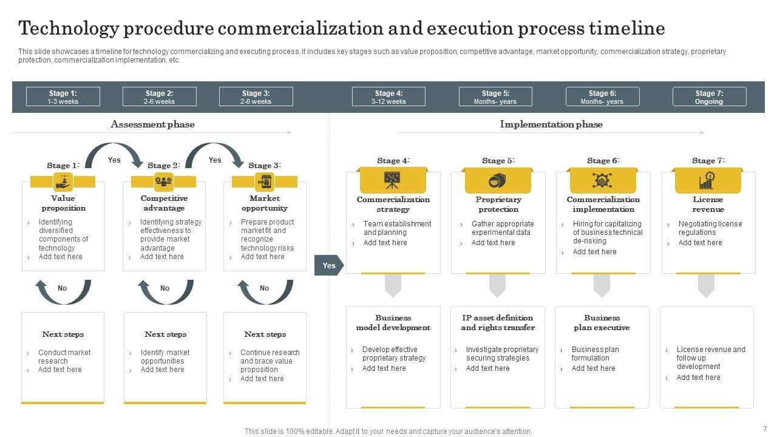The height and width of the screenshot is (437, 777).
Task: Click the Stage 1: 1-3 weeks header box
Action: pyautogui.click(x=63, y=97)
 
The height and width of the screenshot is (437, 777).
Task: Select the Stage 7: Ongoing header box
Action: pyautogui.click(x=709, y=97)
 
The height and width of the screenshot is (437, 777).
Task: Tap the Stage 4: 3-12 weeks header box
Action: pyautogui.click(x=388, y=97)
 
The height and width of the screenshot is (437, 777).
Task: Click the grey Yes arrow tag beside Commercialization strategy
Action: pyautogui.click(x=328, y=265)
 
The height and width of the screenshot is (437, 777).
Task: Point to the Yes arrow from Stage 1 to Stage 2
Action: pyautogui.click(x=114, y=155)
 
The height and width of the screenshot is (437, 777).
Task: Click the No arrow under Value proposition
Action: pyautogui.click(x=63, y=291)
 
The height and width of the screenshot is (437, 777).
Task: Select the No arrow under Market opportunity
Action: pyautogui.click(x=265, y=291)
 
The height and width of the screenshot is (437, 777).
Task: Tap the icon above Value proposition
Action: pyautogui.click(x=63, y=181)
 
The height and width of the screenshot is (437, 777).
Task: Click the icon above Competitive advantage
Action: pyautogui.click(x=164, y=181)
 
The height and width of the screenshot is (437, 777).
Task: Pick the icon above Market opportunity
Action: pyautogui.click(x=265, y=181)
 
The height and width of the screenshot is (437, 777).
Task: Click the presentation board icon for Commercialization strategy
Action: pyautogui.click(x=393, y=180)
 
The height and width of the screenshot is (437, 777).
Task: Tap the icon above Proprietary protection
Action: pyautogui.click(x=498, y=180)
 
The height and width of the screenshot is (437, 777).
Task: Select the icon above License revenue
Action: pyautogui.click(x=707, y=180)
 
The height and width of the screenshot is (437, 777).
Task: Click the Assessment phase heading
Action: pyautogui.click(x=152, y=124)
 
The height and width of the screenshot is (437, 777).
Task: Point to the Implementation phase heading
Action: pyautogui.click(x=551, y=124)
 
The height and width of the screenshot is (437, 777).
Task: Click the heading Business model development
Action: pyautogui.click(x=393, y=323)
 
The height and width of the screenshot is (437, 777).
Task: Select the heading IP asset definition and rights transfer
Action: pyautogui.click(x=498, y=323)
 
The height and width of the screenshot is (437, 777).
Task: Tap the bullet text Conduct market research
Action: pyautogui.click(x=64, y=356)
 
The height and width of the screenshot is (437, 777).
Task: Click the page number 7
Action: pyautogui.click(x=765, y=429)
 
